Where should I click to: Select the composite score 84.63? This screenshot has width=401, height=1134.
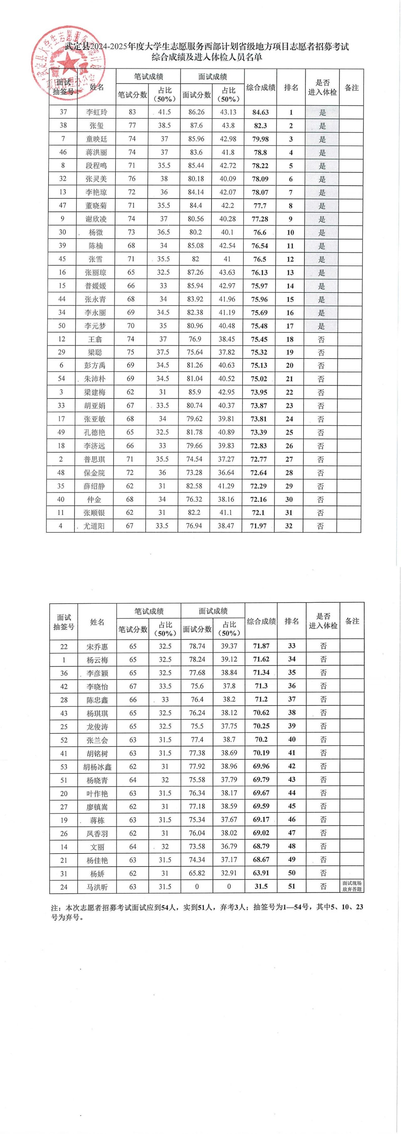(x=260, y=112)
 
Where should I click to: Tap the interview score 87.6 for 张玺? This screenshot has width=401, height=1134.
(x=196, y=125)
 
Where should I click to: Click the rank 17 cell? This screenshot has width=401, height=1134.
(x=290, y=326)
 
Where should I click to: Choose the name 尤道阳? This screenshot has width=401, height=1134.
(x=94, y=526)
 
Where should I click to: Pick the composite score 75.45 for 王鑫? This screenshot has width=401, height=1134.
(x=258, y=339)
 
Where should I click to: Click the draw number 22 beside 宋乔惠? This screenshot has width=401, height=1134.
(x=64, y=646)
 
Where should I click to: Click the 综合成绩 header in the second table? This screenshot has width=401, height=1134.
(x=261, y=621)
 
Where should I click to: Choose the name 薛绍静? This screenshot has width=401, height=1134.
(x=94, y=486)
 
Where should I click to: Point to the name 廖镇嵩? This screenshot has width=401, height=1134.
(x=97, y=806)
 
